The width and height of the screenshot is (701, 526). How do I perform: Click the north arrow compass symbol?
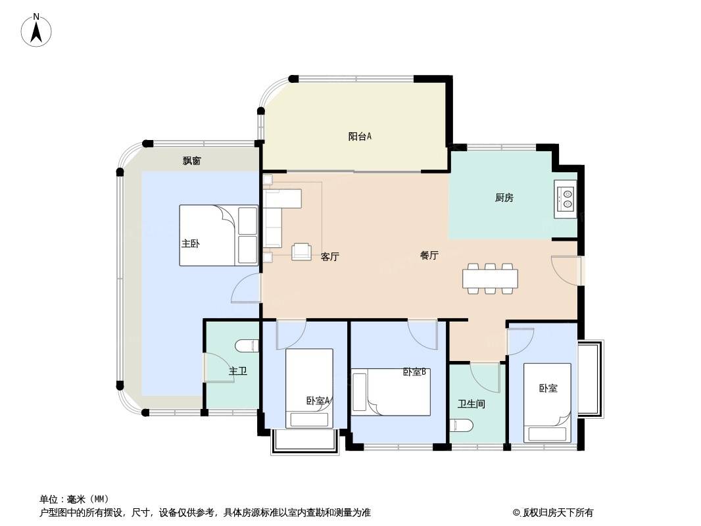(36, 30)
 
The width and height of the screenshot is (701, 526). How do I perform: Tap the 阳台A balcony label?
(360, 136)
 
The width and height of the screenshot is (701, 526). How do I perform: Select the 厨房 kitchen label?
(504, 197)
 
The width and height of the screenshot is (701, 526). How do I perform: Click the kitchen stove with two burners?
(566, 199)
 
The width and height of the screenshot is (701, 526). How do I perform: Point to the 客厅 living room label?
(330, 256)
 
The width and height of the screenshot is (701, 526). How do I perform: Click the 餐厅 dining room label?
(429, 255)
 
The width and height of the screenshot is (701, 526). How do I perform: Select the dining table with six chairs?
(490, 278)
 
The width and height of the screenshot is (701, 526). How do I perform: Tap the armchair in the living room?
(302, 252)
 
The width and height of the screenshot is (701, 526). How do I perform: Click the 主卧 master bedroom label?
(191, 243)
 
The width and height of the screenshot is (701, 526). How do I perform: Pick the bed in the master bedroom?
(218, 235)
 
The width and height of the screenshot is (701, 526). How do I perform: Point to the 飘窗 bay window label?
(192, 161)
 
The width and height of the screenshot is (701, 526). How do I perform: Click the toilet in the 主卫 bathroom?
(247, 346)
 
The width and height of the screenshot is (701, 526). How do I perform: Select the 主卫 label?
(238, 371)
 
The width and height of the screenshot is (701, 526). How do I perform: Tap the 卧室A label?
(318, 401)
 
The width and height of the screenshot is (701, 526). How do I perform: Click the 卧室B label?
(414, 372)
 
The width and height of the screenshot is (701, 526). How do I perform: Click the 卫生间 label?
(471, 404)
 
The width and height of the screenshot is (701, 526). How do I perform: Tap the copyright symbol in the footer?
(516, 513)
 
